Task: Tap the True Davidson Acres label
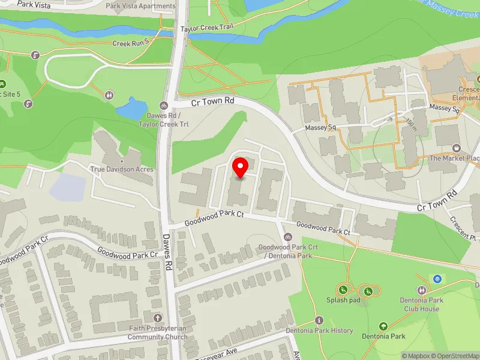(x=122, y=169)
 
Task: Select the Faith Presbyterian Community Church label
(x=158, y=332)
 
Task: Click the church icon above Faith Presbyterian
(x=158, y=317)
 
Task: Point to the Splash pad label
(x=343, y=300)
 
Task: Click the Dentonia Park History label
(x=319, y=331)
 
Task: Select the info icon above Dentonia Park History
(x=319, y=320)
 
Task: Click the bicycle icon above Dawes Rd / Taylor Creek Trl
(x=164, y=106)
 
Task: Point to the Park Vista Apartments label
(x=140, y=6)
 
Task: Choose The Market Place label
(x=455, y=158)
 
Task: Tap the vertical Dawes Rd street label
(x=168, y=251)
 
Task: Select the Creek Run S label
(x=130, y=43)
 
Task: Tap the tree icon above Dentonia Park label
(x=383, y=326)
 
